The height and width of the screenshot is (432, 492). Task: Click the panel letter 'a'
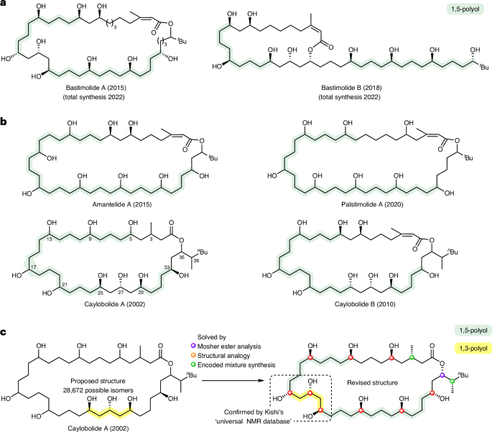click(x=5, y=6)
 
